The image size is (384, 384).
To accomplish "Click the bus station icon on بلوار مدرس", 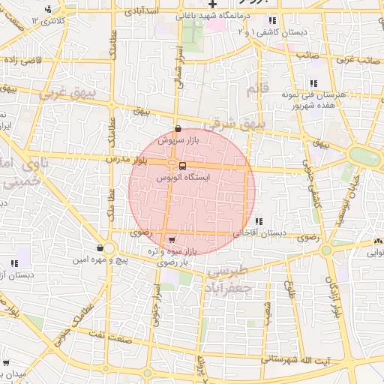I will pos(183,166).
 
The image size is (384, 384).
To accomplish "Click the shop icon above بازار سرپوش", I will pos(178,129).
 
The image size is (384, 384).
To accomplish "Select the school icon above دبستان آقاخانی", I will pos(259,221).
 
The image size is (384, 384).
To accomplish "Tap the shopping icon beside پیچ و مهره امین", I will pos(100,248).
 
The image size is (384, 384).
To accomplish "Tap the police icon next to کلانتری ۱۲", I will pos(49,10).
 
